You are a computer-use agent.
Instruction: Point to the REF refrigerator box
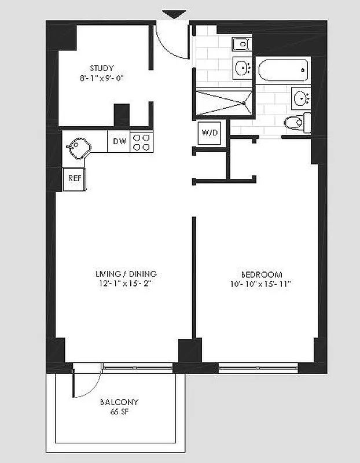(75, 178)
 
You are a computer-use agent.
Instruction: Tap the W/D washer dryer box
(210, 133)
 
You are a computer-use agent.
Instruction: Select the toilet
(296, 122)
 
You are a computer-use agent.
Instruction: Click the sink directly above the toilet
(300, 98)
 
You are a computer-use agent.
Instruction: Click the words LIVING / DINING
(126, 274)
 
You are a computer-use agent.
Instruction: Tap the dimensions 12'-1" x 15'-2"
(126, 284)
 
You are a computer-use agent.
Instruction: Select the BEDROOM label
(261, 274)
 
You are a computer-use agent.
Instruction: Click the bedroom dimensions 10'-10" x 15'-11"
(261, 284)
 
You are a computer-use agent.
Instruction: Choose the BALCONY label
(119, 402)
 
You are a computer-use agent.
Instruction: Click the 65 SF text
(119, 411)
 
